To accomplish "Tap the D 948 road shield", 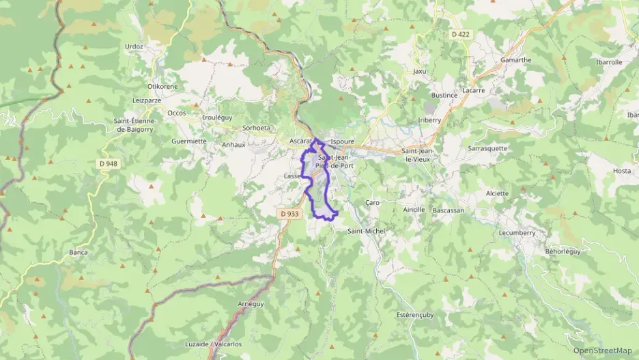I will click(108, 163).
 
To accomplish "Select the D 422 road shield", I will click(460, 33).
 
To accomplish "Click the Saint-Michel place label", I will click(367, 231).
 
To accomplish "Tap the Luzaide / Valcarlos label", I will click(214, 344).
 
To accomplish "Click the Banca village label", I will click(79, 252).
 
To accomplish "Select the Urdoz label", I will click(134, 46).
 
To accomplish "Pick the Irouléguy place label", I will click(218, 117).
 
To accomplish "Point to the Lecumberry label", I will click(517, 232).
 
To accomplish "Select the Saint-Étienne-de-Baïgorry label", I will click(135, 125).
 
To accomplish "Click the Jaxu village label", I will click(419, 71).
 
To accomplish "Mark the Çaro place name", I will click(372, 202).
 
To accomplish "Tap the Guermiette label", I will click(189, 141).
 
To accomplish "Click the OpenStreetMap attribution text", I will click(602, 350).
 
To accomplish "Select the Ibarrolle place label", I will click(608, 61).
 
